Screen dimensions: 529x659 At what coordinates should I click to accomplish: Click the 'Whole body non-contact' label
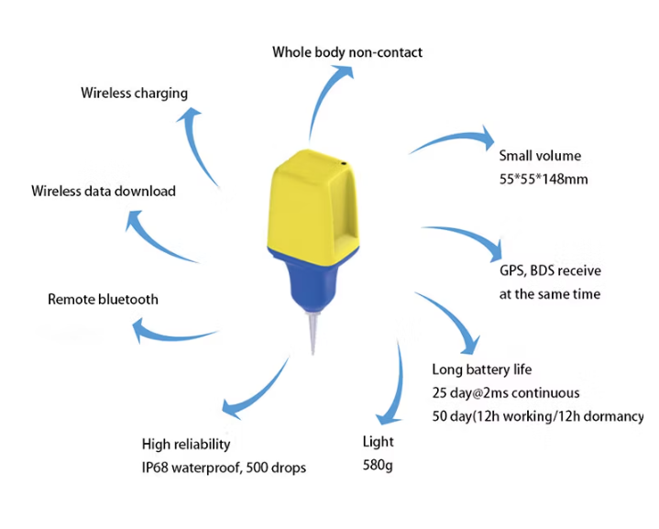[x=347, y=52]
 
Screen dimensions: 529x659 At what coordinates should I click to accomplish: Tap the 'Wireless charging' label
[x=134, y=93]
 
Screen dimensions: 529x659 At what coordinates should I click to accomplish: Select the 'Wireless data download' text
[x=103, y=192]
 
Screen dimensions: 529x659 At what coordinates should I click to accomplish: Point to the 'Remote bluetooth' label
[x=103, y=299]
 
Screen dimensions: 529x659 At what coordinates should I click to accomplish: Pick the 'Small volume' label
[x=539, y=156]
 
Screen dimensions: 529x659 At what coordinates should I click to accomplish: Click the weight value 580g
[x=378, y=466]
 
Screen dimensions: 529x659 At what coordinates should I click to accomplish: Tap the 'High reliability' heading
[x=186, y=444]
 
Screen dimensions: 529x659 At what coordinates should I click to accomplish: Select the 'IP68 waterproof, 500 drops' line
[x=224, y=468]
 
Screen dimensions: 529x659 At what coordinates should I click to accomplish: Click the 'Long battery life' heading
[x=481, y=369]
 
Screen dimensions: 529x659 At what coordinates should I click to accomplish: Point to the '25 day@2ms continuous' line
[x=505, y=392]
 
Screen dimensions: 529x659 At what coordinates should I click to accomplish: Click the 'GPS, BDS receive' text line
[x=550, y=271]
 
